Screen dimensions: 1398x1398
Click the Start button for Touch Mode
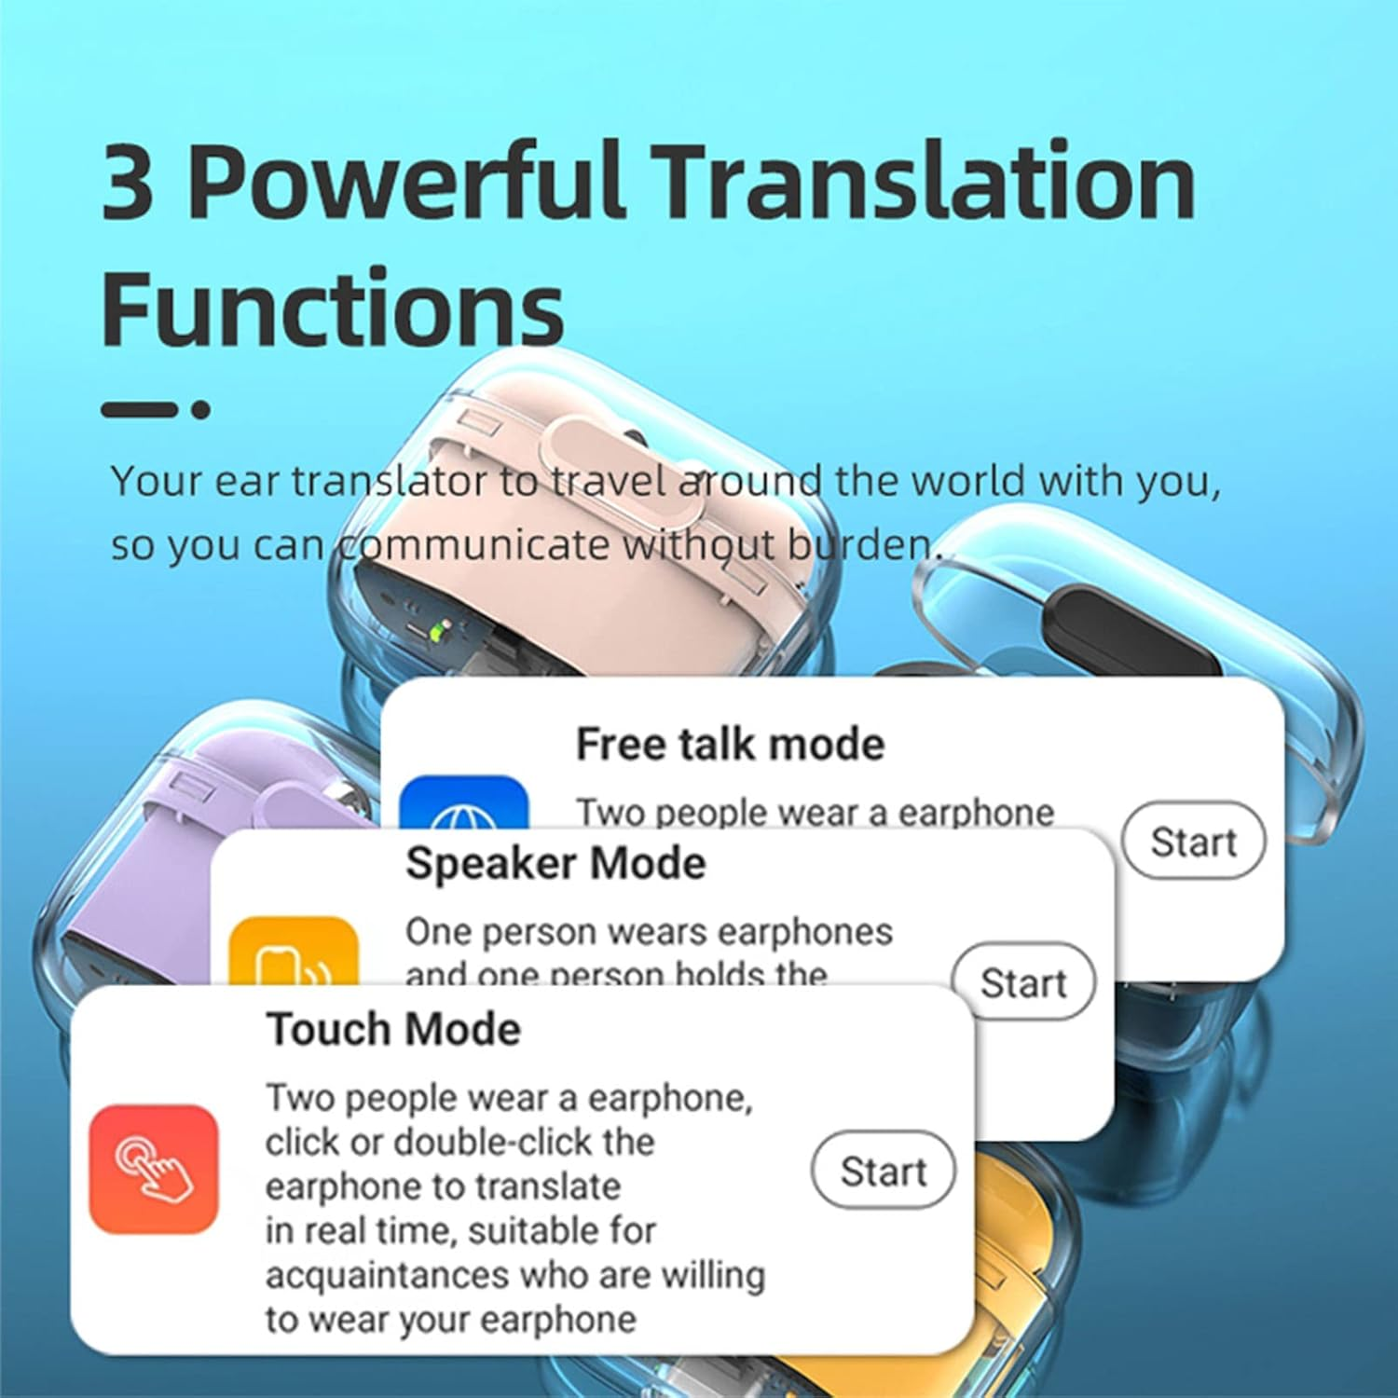[883, 1171]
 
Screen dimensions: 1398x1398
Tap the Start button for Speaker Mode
[1022, 982]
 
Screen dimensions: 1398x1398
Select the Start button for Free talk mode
[1193, 841]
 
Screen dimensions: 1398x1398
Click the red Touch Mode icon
[154, 1169]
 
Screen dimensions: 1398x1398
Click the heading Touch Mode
[393, 1030]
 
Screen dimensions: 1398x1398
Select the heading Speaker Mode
[555, 863]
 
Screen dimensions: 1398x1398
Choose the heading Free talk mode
[730, 744]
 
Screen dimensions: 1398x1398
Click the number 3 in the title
[128, 182]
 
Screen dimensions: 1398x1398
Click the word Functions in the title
[332, 307]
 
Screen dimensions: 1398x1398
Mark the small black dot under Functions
[200, 408]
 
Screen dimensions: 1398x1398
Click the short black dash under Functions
[138, 408]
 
